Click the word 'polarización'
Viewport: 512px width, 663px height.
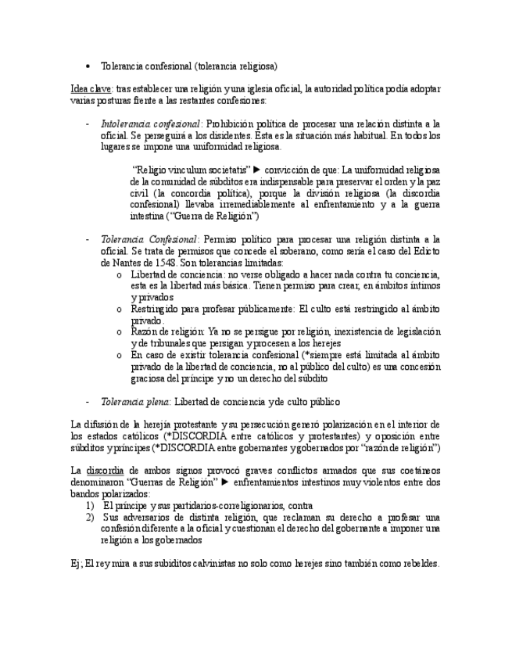[x=353, y=424]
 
